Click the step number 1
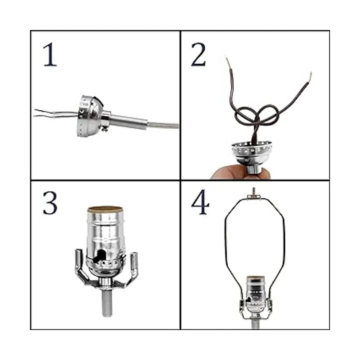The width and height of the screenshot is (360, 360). (x=50, y=54)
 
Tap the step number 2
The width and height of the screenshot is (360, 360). (x=198, y=54)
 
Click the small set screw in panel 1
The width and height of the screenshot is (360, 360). (x=105, y=129)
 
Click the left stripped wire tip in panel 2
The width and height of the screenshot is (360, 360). (x=228, y=62)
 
